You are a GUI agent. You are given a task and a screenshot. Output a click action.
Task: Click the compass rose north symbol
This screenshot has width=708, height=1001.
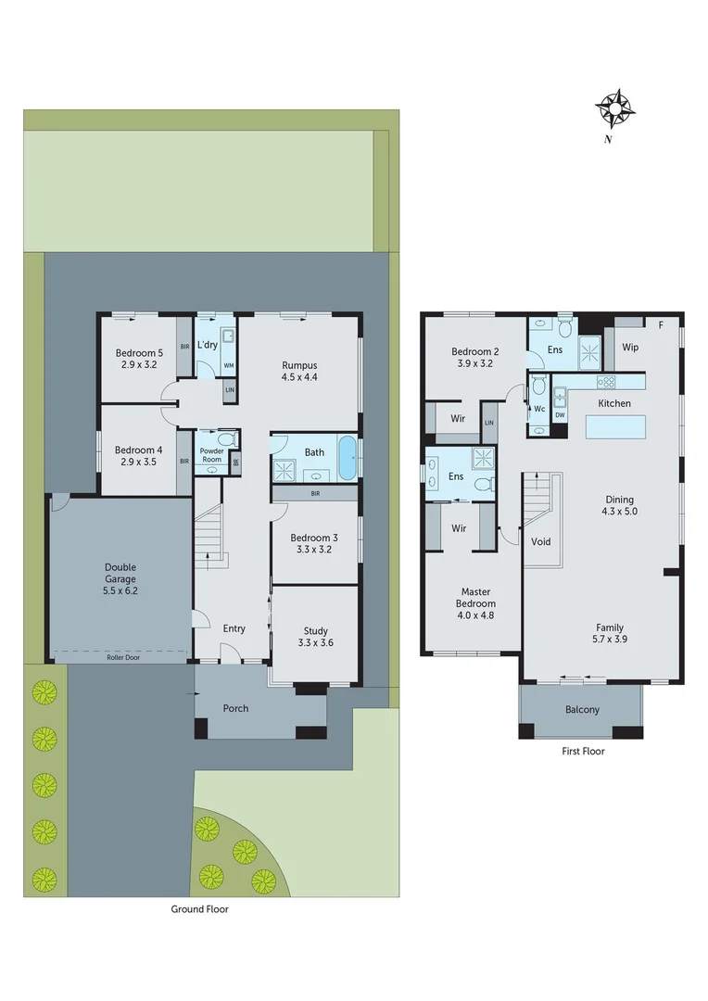pos(615,110)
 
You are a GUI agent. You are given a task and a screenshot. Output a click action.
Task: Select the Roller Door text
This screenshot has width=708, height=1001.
pos(120,655)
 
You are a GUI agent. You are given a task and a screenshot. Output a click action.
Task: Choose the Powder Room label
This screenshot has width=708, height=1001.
pos(212,455)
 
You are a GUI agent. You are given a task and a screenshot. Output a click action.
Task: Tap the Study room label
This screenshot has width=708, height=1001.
pos(315,637)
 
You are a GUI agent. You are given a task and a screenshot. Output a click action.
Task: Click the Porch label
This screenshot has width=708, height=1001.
pos(236,709)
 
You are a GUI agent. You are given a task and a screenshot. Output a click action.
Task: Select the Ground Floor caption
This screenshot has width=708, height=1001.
pos(199,909)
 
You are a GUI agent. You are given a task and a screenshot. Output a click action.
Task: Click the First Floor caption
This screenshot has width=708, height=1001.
pos(583,751)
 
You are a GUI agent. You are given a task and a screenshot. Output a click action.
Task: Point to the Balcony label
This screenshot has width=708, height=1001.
pos(582,710)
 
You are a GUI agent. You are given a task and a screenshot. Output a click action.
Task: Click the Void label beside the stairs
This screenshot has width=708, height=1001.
pos(540,541)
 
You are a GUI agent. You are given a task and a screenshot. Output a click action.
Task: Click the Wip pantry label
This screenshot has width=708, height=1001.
pos(630,348)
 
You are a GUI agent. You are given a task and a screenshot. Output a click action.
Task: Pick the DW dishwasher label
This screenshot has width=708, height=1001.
pos(560,415)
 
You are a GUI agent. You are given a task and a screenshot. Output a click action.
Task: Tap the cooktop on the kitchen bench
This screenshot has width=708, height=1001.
pos(606,382)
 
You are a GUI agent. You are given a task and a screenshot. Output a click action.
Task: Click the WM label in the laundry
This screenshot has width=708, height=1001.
pos(228,366)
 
